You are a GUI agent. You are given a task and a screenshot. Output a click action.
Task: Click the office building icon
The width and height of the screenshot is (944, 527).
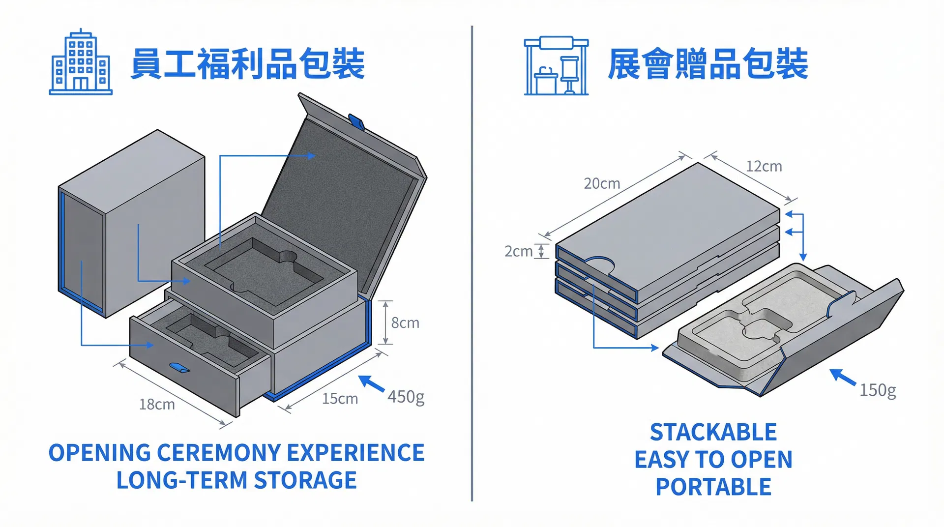click(81, 62)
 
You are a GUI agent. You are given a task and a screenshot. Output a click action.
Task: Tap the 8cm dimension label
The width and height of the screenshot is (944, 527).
click(405, 323)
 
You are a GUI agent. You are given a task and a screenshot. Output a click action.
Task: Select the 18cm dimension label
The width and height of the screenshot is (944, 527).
click(157, 405)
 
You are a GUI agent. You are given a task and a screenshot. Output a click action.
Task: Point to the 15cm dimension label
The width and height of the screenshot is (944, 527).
click(340, 399)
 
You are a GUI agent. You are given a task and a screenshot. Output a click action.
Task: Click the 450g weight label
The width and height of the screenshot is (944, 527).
click(406, 397)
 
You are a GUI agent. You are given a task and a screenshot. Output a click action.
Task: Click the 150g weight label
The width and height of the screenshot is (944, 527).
click(878, 390)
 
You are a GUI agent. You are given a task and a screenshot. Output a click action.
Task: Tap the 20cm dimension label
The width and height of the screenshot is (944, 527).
click(602, 184)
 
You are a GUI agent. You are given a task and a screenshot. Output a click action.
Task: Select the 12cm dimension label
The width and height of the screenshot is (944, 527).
click(764, 167)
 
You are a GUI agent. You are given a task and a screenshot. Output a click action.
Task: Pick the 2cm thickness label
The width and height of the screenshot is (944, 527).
click(518, 252)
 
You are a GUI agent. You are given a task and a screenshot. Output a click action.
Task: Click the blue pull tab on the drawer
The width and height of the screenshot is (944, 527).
click(179, 368)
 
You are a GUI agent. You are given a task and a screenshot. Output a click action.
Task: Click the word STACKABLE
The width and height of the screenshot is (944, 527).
click(713, 433)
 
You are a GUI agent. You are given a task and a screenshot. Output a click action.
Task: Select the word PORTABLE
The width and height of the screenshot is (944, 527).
click(713, 487)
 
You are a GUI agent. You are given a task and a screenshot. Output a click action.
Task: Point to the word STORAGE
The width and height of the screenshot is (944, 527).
click(305, 480)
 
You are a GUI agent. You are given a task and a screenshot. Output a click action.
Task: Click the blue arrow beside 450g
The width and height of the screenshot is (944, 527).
click(372, 383)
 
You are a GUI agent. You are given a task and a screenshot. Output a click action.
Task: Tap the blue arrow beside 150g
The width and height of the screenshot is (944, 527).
click(843, 377)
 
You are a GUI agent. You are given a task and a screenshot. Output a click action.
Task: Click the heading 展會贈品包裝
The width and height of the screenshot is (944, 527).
click(708, 64)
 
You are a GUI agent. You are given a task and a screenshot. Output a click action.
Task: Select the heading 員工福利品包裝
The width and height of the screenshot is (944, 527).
click(247, 64)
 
